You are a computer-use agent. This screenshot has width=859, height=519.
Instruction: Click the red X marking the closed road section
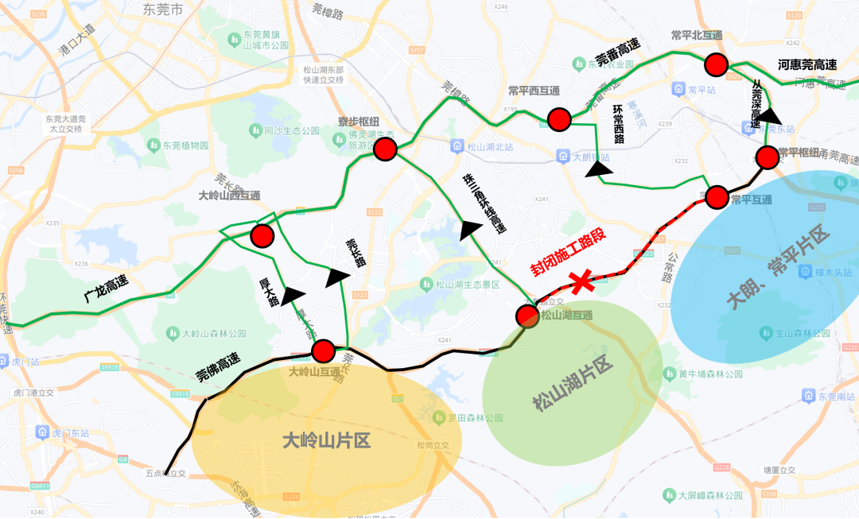[x=581, y=280]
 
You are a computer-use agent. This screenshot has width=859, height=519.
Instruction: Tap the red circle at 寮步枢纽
[x=386, y=149]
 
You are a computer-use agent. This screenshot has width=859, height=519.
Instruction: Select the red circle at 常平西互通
[x=559, y=120]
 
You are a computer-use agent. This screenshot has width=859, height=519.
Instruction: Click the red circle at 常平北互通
[x=716, y=64]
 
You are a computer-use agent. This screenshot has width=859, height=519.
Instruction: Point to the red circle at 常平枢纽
[x=768, y=157]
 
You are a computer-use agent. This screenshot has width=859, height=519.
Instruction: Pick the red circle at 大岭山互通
[x=323, y=351]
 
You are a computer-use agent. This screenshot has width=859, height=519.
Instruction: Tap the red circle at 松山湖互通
[x=527, y=316]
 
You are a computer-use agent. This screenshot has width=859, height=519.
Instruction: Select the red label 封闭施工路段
[x=569, y=252]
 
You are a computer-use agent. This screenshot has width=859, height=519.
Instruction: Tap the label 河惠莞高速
[x=807, y=65]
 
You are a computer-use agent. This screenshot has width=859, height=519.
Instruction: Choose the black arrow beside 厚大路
[x=293, y=296]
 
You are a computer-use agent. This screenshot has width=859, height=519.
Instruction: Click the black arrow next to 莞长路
[x=338, y=277]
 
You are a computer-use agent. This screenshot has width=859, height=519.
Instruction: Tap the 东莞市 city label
[x=163, y=10]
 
